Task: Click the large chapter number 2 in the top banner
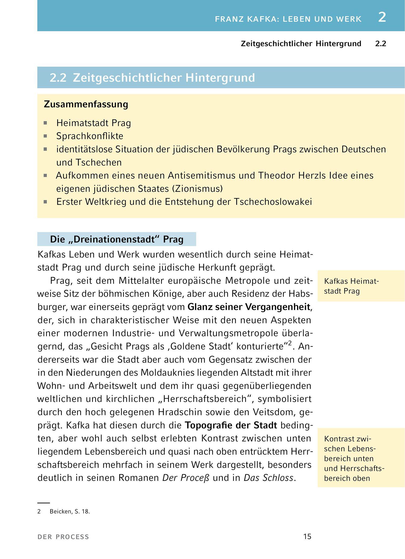click(x=382, y=17)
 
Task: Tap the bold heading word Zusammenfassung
click(x=86, y=104)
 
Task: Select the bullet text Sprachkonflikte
click(x=90, y=136)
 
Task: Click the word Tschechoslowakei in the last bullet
click(x=273, y=202)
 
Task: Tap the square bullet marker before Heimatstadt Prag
click(x=46, y=123)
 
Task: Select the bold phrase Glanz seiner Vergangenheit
click(x=249, y=307)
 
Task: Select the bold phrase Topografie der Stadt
click(x=231, y=425)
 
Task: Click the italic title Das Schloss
click(x=268, y=478)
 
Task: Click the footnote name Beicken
click(x=60, y=511)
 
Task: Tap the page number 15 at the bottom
click(x=307, y=537)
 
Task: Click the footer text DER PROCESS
click(x=63, y=537)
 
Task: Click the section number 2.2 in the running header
click(x=381, y=44)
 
